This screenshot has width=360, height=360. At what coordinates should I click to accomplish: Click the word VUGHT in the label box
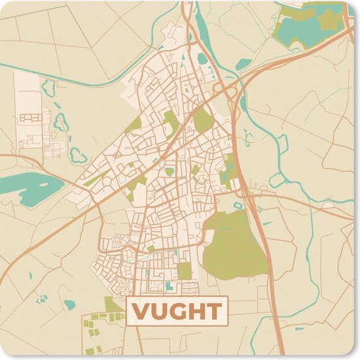(x=177, y=311)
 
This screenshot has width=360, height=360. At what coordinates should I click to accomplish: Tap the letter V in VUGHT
(x=143, y=311)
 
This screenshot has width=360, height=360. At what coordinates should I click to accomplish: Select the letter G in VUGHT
(x=177, y=311)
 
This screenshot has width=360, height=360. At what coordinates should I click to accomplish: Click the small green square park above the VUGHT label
(x=185, y=270)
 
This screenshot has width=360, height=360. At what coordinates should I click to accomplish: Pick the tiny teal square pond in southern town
(x=170, y=286)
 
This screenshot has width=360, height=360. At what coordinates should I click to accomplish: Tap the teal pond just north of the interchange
(x=243, y=64)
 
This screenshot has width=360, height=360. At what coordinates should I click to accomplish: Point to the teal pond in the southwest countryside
(x=69, y=304)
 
